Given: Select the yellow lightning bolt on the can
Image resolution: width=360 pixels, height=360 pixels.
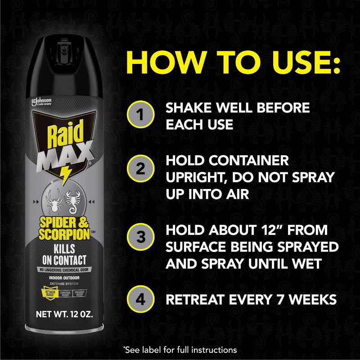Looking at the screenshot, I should pos(66,174).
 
